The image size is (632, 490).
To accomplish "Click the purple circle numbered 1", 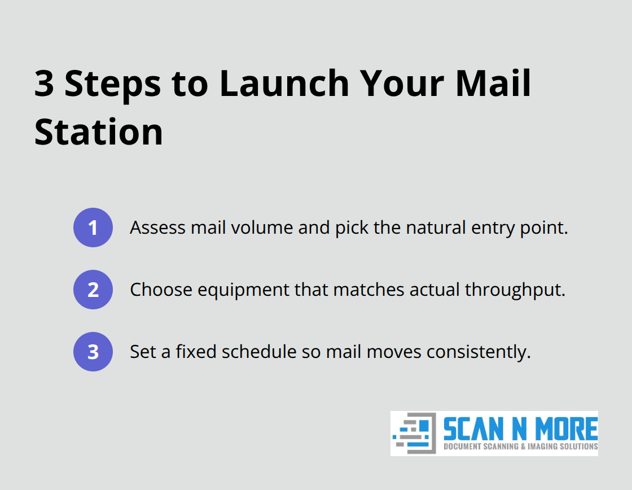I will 93,228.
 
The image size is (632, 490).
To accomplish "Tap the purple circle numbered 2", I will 93,290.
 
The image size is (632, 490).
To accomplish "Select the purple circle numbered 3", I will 93,352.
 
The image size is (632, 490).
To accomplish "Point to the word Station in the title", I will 99,132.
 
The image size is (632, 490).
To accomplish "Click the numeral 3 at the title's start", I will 45,84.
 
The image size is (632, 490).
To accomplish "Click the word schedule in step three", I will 259,352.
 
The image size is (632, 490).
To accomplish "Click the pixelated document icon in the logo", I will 415,433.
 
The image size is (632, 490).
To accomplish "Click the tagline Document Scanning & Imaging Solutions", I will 520,447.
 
